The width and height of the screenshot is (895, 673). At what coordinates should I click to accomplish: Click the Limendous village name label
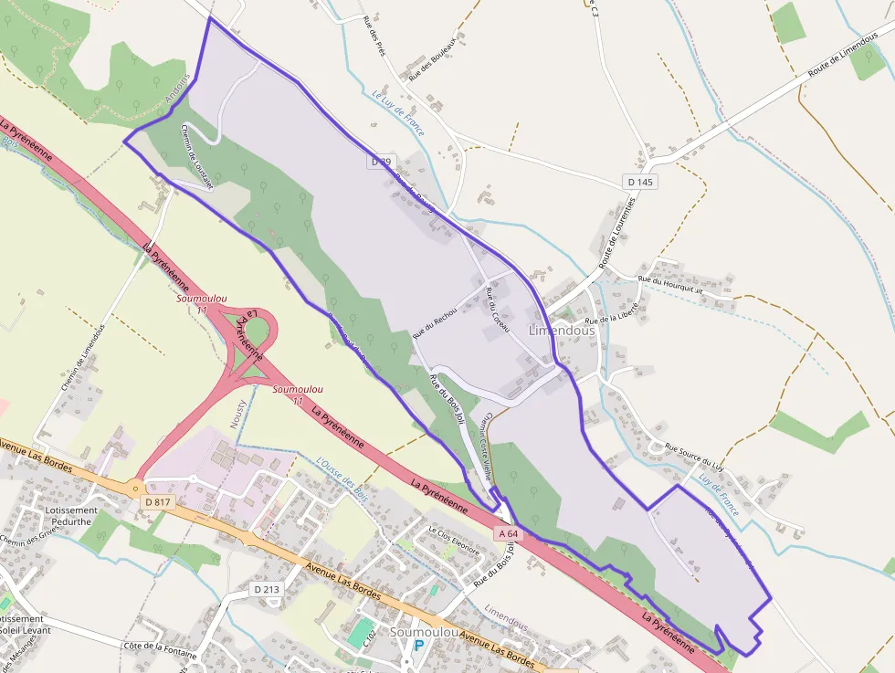tap(562, 331)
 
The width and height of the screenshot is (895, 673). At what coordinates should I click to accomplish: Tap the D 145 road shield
tap(640, 182)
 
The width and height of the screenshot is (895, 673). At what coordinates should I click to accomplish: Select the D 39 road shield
tap(382, 161)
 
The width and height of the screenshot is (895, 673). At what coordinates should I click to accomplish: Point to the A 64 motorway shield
tap(509, 532)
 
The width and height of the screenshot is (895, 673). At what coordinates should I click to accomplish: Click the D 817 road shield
tap(157, 502)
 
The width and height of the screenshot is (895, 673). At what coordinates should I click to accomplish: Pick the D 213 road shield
tap(266, 589)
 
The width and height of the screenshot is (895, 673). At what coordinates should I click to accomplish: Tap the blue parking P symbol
tap(419, 646)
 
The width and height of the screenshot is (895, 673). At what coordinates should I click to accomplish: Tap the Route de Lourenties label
tap(618, 239)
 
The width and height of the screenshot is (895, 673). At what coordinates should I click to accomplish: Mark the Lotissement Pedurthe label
tap(70, 517)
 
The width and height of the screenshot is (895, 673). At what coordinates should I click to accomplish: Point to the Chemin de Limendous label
tap(83, 357)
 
